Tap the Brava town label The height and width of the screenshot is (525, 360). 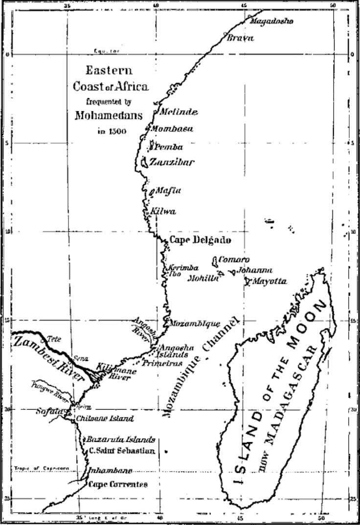click(x=240, y=38)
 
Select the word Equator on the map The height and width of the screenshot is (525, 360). click(x=107, y=51)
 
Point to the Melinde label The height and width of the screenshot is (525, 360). click(x=179, y=112)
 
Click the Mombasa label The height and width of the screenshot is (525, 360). click(x=172, y=129)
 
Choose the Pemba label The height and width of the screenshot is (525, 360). click(x=169, y=147)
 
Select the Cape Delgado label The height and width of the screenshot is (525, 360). click(x=200, y=240)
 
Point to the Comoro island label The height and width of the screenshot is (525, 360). click(x=234, y=260)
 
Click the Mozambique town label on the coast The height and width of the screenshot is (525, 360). click(x=194, y=323)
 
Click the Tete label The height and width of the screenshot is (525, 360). click(x=53, y=339)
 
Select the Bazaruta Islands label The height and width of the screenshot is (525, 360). click(x=121, y=439)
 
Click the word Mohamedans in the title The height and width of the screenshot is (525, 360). click(x=109, y=116)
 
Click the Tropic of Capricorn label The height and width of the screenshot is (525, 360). click(x=44, y=468)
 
